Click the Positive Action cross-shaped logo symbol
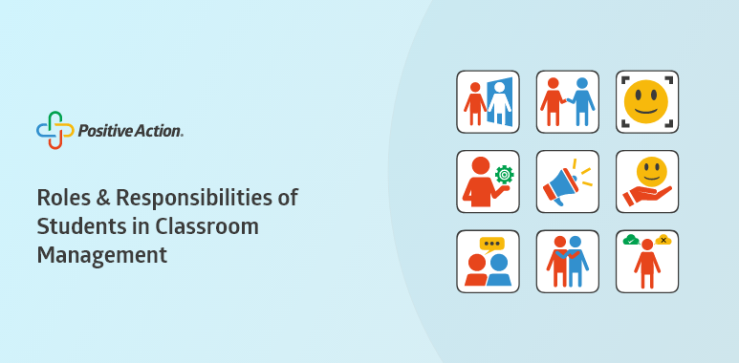click(55, 131)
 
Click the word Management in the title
click(102, 255)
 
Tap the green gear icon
click(504, 175)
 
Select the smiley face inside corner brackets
click(646, 101)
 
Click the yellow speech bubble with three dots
click(491, 245)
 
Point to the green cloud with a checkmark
click(631, 241)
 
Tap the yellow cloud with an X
click(663, 240)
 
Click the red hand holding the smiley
click(646, 196)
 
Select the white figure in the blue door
click(499, 102)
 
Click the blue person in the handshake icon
click(582, 101)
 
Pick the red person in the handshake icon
click(553, 101)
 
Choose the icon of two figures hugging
click(568, 262)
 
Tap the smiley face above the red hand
click(652, 171)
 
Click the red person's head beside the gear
click(481, 165)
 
